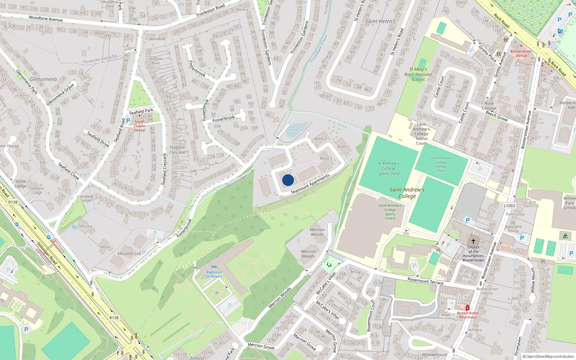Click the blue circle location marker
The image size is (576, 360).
coord(288,180)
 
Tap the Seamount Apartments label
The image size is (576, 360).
coord(310,184)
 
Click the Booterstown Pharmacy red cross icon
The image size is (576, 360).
coord(467,308)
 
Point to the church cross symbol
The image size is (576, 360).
coord(473,241)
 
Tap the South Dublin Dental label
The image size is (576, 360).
coord(139,126)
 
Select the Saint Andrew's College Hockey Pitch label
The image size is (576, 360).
coord(441,164)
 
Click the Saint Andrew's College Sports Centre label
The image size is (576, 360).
coord(390,212)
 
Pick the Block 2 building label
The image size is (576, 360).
coord(320,139)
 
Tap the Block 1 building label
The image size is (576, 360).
coord(343,147)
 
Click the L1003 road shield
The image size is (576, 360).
coord(509,206)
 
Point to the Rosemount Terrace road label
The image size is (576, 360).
coord(425,281)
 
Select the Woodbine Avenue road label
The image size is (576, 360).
coord(45,18)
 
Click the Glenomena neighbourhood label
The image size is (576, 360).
coord(43,79)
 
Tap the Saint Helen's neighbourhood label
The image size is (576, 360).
coord(380,21)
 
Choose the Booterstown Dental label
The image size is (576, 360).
coord(521,53)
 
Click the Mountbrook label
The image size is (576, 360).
coord(129,253)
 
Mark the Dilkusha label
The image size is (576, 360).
coord(85,226)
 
